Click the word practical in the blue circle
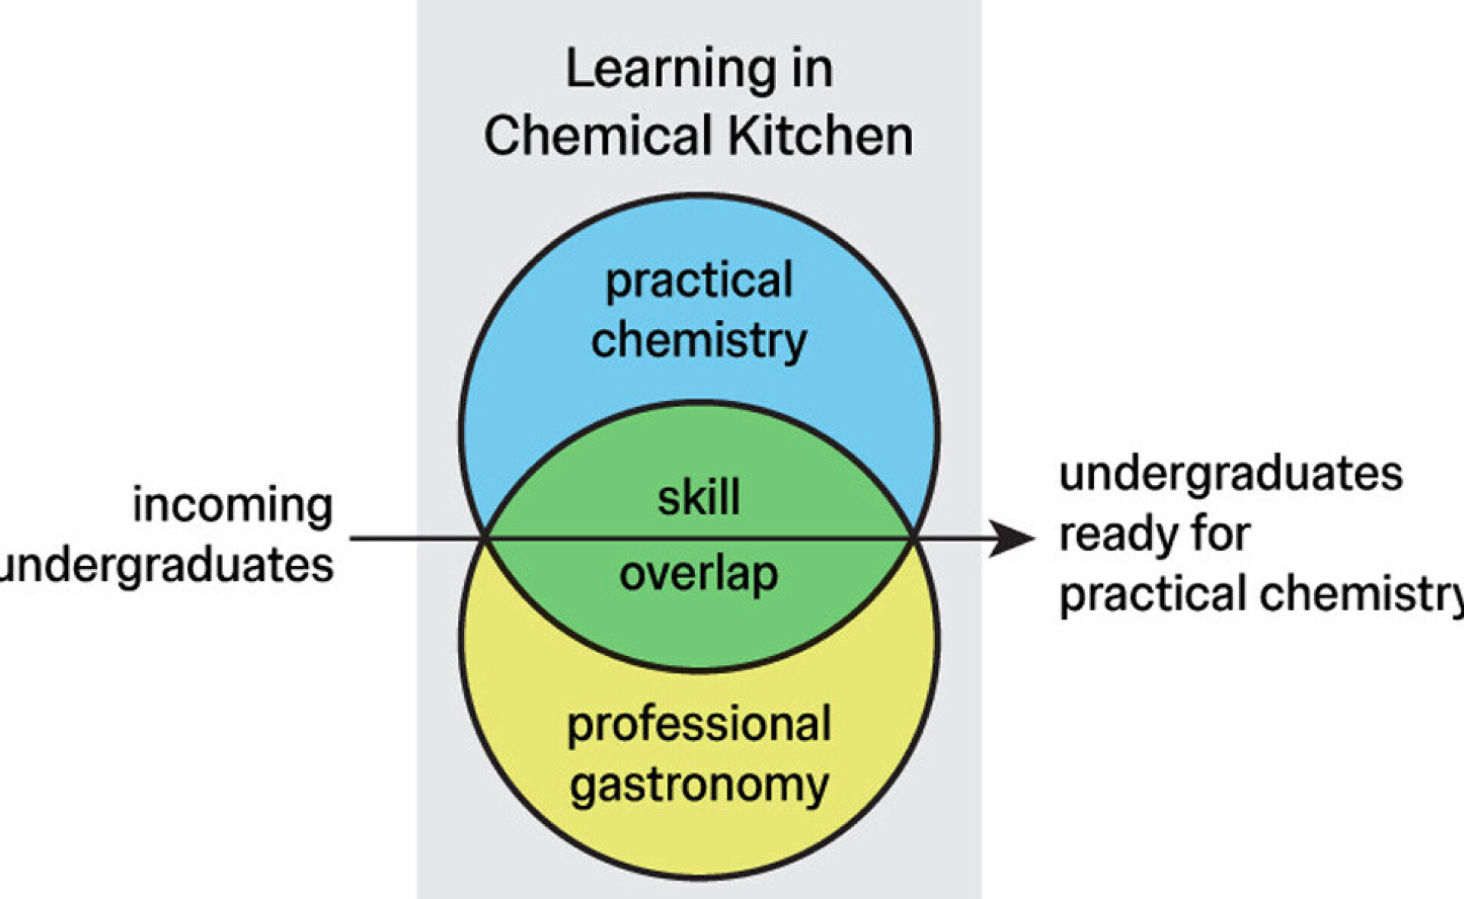[699, 282]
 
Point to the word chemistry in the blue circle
[699, 341]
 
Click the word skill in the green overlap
[699, 498]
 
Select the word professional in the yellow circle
[699, 724]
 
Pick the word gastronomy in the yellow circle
[699, 785]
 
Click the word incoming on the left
[233, 505]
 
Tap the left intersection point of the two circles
[486, 539]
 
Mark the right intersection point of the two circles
[913, 539]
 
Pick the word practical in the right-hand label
[1154, 594]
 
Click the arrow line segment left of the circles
[416, 539]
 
